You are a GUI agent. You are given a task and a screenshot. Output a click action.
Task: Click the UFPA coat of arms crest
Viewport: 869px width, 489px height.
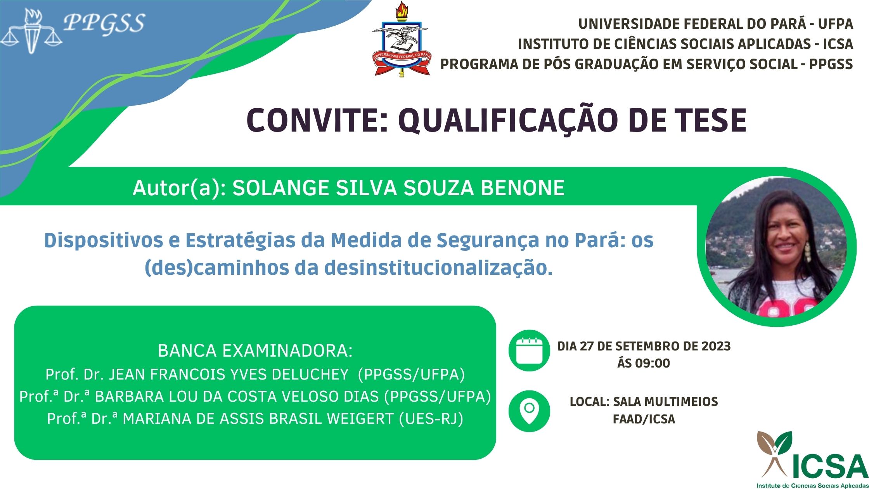pyautogui.click(x=400, y=39)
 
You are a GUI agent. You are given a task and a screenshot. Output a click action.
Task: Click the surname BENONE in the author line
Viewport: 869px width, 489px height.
pyautogui.click(x=523, y=188)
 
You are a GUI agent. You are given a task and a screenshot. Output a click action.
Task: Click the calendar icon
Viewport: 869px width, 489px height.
pyautogui.click(x=529, y=350)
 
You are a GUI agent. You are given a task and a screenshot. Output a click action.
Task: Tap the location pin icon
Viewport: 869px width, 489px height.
pyautogui.click(x=529, y=411)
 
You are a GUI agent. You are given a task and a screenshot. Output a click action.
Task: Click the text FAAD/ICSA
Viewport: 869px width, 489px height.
pyautogui.click(x=644, y=419)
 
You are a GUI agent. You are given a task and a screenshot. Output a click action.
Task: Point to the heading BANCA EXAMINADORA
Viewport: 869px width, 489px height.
pyautogui.click(x=255, y=350)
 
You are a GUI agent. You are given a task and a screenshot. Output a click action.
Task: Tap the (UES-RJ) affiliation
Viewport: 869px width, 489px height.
pyautogui.click(x=431, y=419)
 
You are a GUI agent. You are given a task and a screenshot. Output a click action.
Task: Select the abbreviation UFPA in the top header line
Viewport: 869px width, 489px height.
pyautogui.click(x=835, y=24)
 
